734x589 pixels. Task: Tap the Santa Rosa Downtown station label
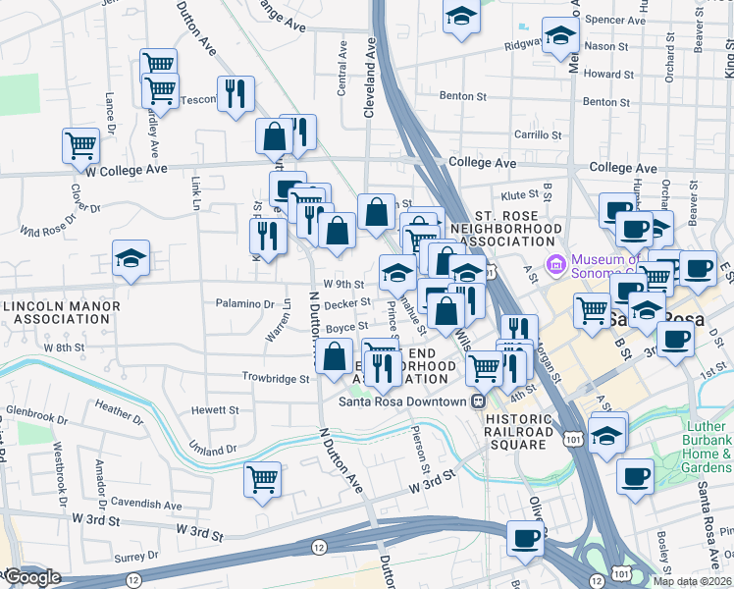[x=402, y=402]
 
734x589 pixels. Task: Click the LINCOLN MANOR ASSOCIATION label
[x=61, y=313]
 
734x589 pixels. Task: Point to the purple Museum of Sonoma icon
[x=556, y=262]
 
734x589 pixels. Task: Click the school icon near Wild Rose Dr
[x=131, y=258]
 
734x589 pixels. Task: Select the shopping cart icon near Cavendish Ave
[x=262, y=480]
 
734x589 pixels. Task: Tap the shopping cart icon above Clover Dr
[x=81, y=146]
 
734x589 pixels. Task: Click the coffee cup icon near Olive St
[x=526, y=538]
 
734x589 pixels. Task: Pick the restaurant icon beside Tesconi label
[x=236, y=94]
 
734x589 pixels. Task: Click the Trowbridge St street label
[x=276, y=378]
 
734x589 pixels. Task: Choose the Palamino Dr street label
[x=244, y=304]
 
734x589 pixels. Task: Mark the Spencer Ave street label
[x=615, y=19]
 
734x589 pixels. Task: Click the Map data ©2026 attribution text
[x=692, y=581]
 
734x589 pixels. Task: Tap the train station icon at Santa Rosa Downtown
[x=477, y=402]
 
